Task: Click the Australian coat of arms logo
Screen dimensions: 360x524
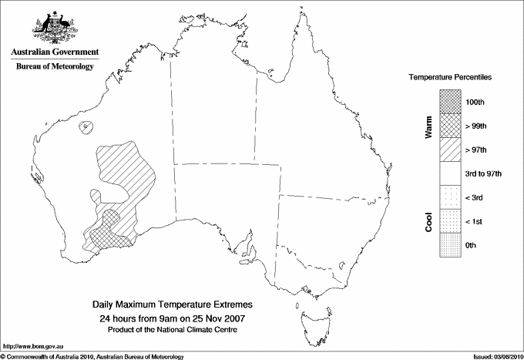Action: [54, 29]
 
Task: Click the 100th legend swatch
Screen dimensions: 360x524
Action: [450, 102]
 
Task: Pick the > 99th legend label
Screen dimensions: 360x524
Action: [475, 126]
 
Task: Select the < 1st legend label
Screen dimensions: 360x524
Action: [475, 221]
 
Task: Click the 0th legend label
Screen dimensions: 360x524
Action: [472, 245]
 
